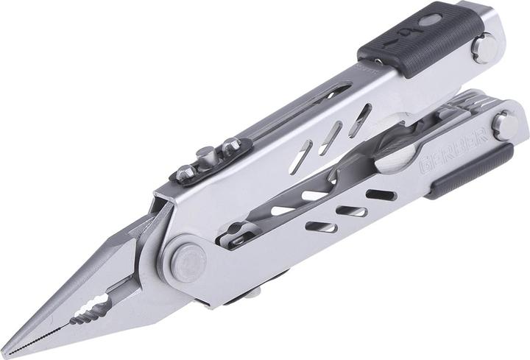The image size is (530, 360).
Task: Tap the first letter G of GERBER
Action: pos(425,170)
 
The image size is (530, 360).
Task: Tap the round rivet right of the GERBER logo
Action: pos(506,125)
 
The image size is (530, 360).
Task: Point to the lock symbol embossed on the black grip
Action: pos(407,34)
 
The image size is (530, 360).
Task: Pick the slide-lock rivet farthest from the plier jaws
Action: pos(235,144)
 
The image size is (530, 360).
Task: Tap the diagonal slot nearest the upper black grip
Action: pos(359,119)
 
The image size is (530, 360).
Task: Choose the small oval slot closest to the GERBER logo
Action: pos(381,196)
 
